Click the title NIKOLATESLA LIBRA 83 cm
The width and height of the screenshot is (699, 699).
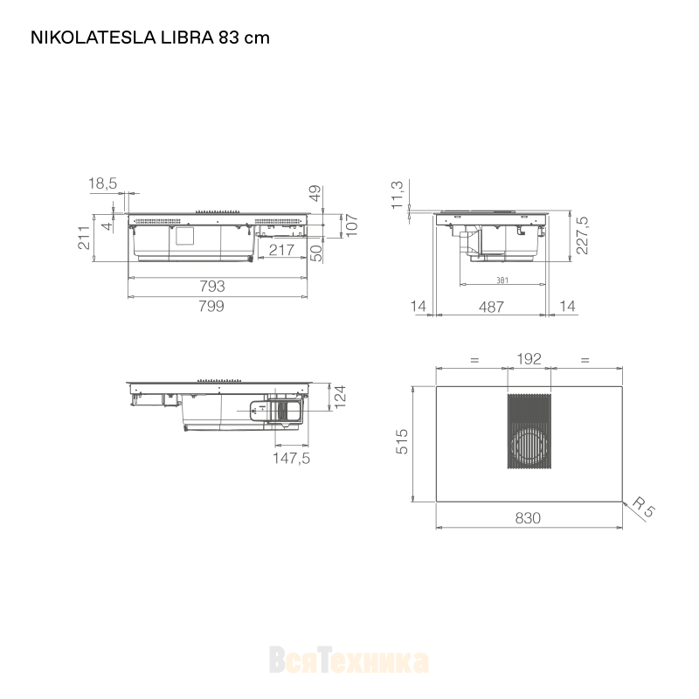pos(150,38)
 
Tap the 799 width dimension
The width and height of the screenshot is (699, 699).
pos(211,307)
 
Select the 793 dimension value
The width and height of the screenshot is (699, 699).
pos(212,287)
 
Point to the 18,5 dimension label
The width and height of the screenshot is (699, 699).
pos(102,183)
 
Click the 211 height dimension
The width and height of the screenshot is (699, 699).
pos(84,238)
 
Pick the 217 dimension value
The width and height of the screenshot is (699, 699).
pos(281,250)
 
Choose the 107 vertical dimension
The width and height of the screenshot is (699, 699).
pos(352,226)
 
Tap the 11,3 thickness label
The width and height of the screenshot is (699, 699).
pos(397,195)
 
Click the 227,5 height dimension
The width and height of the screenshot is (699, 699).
pos(582,235)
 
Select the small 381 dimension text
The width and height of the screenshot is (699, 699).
pos(502,280)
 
